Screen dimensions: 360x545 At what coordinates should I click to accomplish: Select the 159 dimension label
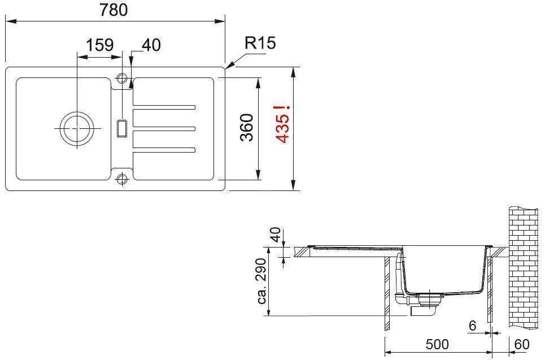click(100, 45)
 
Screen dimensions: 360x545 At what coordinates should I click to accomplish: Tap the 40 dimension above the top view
click(151, 45)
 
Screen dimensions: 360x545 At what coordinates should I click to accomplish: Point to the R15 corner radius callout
click(260, 44)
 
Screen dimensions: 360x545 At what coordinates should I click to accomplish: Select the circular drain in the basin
click(76, 128)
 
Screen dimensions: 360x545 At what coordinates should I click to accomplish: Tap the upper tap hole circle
click(121, 77)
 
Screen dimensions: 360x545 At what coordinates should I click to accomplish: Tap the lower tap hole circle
click(121, 180)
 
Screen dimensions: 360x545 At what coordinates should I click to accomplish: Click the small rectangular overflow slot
click(121, 128)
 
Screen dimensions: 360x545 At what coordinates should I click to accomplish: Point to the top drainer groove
click(164, 107)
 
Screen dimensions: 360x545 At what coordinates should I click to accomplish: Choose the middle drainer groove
click(164, 128)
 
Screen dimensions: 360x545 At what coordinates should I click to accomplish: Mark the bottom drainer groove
click(164, 150)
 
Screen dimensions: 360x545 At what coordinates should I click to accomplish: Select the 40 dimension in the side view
click(274, 235)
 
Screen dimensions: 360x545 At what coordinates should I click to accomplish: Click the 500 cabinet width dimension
click(437, 344)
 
